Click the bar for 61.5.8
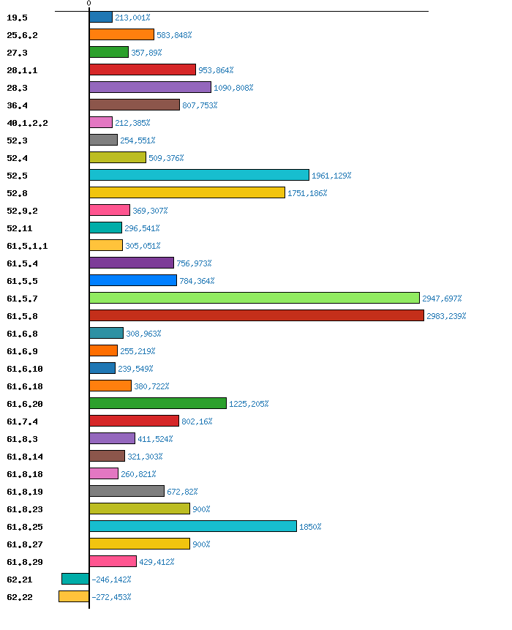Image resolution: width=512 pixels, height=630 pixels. click(x=257, y=315)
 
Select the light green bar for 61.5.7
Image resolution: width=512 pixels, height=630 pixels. click(x=255, y=298)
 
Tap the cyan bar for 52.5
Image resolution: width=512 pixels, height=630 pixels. click(x=199, y=175)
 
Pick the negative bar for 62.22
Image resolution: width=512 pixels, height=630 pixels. click(x=74, y=596)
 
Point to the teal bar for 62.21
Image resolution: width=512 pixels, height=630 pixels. click(x=75, y=579)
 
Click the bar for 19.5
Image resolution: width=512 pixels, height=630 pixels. click(x=101, y=17)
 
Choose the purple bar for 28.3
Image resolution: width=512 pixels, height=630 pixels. click(x=150, y=87)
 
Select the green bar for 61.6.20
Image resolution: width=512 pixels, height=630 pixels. click(x=158, y=403)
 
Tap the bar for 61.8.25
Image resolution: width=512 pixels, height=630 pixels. click(x=193, y=526)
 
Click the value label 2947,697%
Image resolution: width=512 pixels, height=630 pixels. click(x=442, y=299)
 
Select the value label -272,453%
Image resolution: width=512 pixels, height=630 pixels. click(x=111, y=597)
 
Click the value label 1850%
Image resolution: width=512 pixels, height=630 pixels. click(x=310, y=527)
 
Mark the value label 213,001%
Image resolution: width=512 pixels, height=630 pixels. click(x=132, y=18)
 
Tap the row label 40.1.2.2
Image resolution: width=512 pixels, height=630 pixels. click(x=27, y=123)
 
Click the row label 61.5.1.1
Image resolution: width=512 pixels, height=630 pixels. click(x=27, y=246)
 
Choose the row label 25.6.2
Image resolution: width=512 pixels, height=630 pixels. click(x=22, y=35)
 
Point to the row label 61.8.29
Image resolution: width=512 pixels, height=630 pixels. click(x=24, y=562)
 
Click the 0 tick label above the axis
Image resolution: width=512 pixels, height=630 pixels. click(x=89, y=4)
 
